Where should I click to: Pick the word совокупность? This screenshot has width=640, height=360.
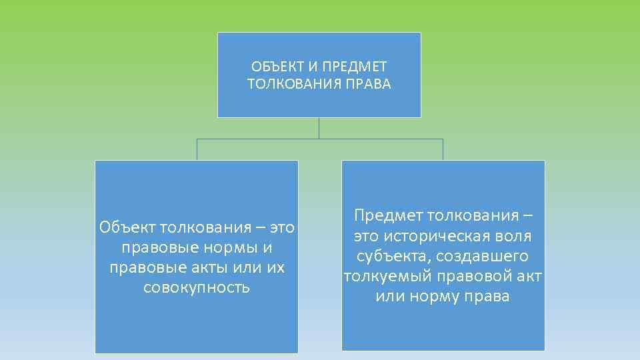pyautogui.click(x=197, y=287)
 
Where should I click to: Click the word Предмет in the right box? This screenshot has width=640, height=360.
pyautogui.click(x=388, y=216)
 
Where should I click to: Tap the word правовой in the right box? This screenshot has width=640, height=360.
pyautogui.click(x=469, y=276)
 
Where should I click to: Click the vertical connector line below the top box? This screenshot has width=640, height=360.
pyautogui.click(x=319, y=128)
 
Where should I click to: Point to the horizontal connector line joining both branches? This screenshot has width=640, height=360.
pyautogui.click(x=267, y=139)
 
